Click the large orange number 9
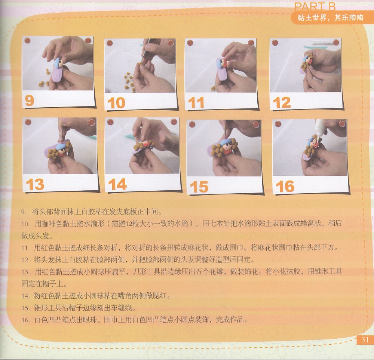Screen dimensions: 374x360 tap(29, 101)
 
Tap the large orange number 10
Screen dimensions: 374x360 tap(116, 103)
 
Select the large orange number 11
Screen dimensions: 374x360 tap(196, 103)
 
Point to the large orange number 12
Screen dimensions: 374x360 tap(282, 102)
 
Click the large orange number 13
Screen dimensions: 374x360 tap(35, 184)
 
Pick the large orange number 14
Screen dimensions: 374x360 tap(117, 184)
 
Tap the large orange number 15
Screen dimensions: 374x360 tap(199, 187)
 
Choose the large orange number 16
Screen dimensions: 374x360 tap(285, 186)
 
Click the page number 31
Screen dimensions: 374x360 tap(365, 339)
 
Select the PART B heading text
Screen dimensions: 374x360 tap(315, 6)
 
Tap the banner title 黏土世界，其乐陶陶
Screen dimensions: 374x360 tap(330, 18)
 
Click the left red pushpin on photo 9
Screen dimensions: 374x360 tap(27, 40)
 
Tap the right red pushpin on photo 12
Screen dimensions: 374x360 tap(336, 43)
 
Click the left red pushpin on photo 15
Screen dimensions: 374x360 tap(192, 124)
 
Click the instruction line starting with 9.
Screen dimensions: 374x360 tap(92, 212)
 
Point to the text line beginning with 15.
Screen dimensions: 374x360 tap(79, 308)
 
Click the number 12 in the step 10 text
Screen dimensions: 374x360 tap(129, 224)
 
